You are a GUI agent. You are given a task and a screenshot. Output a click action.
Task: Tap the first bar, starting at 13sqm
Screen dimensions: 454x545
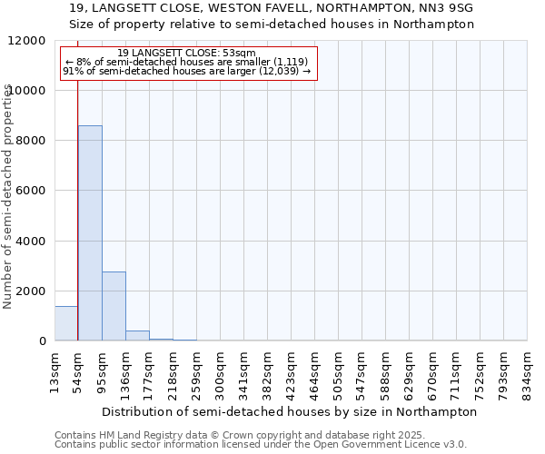coord(66,323)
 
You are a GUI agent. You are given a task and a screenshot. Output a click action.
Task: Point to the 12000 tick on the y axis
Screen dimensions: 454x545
coord(28,41)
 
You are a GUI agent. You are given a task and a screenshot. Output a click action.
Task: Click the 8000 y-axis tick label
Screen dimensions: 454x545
coord(32,141)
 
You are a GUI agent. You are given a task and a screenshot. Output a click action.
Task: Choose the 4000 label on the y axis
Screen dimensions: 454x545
coord(32,242)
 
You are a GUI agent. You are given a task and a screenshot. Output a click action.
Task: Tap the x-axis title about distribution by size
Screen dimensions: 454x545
coord(290,411)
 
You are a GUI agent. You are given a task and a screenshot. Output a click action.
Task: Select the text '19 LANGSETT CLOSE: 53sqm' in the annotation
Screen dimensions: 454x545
coord(187,54)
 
